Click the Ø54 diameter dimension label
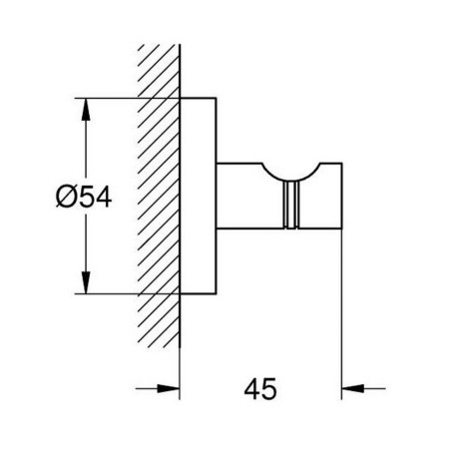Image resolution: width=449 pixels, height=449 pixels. point(84,197)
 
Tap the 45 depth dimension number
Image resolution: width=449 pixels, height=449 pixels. point(260,388)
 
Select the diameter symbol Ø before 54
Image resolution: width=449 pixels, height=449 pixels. point(65,197)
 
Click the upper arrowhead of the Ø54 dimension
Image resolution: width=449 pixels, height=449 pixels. point(86,110)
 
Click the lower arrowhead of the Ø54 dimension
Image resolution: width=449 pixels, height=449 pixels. point(86,282)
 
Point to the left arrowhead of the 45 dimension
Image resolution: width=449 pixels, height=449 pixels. point(168,388)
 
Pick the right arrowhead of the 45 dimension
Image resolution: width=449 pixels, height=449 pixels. point(353,388)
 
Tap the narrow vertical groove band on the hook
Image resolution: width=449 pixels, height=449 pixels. point(291,205)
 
